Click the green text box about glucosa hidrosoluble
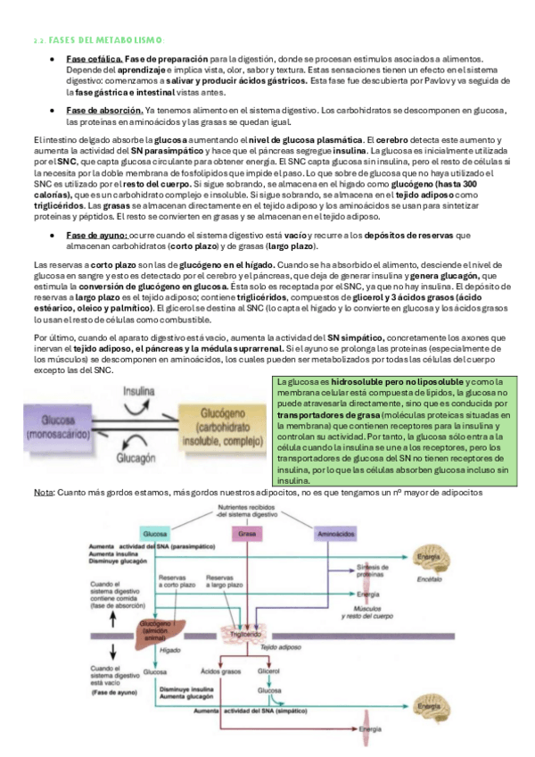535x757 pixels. click(x=388, y=429)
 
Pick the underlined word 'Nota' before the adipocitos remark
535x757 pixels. click(x=42, y=492)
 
